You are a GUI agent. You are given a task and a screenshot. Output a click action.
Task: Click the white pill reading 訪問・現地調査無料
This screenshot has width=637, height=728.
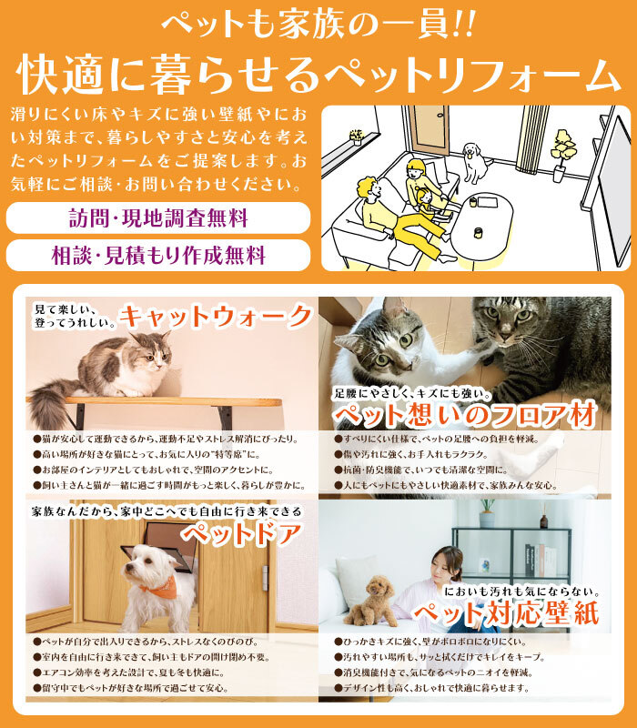(x=157, y=217)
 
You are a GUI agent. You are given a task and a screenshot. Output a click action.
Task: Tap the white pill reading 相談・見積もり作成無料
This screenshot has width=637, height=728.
(x=157, y=256)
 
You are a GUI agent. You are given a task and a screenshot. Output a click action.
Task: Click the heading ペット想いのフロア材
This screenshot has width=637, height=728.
(x=465, y=415)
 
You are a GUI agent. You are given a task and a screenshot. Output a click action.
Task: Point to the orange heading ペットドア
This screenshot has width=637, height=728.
(x=241, y=533)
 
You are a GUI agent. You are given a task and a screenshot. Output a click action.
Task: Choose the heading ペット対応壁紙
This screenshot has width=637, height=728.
(x=507, y=613)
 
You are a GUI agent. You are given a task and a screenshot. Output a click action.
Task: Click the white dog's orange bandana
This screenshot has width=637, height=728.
(x=159, y=586)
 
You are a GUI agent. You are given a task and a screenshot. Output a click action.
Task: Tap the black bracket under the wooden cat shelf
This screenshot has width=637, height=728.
(x=224, y=415)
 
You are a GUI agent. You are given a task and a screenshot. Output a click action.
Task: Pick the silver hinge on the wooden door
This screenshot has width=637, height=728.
(x=265, y=578)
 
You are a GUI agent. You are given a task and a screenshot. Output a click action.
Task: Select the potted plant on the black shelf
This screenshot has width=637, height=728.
(x=487, y=512)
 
